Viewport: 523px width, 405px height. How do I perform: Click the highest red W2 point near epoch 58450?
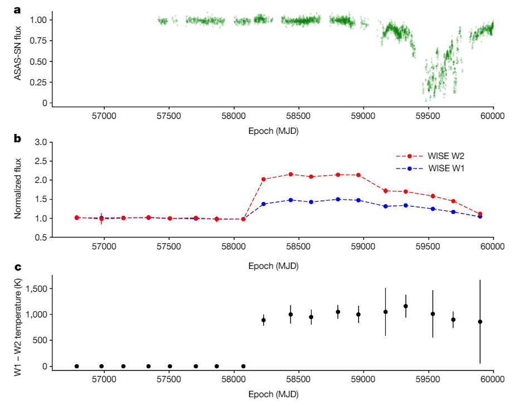290,174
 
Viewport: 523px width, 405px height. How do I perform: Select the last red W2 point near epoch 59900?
480,214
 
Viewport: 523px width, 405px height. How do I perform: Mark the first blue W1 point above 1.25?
264,204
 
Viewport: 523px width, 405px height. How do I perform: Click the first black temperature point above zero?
264,320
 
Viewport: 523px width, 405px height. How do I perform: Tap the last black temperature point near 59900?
480,321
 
